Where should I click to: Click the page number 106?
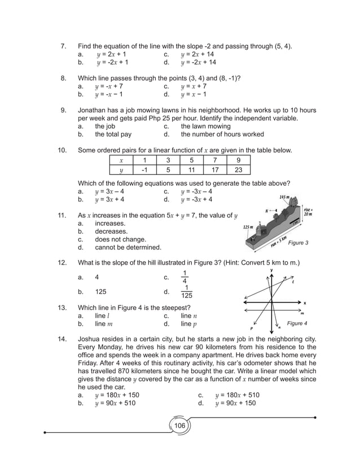pos(179,426)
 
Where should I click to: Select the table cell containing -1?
pos(144,170)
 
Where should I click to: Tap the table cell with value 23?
pos(238,170)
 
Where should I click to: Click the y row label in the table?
pos(121,170)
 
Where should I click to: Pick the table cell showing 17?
pos(215,170)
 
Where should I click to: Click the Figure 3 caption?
pos(297,243)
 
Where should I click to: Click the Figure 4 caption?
pos(297,323)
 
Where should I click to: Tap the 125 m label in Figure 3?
pos(248,227)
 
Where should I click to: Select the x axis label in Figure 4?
pos(304,302)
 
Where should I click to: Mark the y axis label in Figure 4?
pos(271,270)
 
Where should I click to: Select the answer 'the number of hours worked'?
pos(222,135)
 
